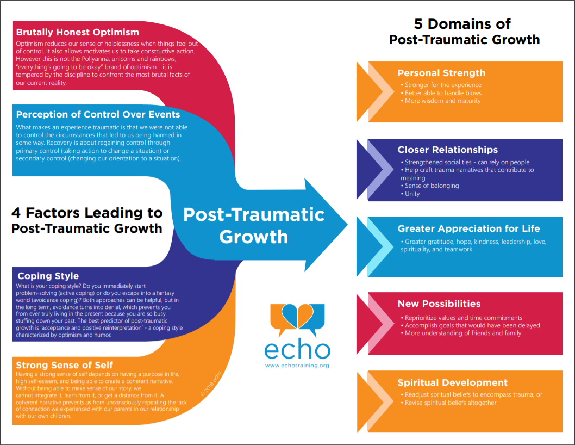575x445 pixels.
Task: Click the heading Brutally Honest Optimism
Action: tap(77, 32)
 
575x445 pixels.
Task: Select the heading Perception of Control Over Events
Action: tap(98, 115)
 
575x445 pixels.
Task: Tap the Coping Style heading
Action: tap(48, 276)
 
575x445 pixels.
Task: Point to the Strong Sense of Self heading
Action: tap(64, 365)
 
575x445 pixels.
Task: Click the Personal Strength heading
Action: tap(441, 73)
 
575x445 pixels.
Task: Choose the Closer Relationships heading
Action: tap(448, 150)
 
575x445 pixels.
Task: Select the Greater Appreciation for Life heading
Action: tap(468, 228)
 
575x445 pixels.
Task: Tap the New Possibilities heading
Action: tap(439, 304)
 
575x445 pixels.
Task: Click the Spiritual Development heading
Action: tap(453, 382)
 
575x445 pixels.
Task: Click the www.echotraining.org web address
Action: tap(297, 366)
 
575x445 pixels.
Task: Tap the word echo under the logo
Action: tap(297, 350)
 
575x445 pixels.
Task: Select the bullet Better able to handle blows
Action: tap(441, 93)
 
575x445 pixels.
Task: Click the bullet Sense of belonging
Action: tap(430, 186)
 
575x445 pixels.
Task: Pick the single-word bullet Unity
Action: tap(410, 194)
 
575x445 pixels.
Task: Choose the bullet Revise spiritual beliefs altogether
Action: tap(448, 403)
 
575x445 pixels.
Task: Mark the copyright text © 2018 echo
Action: tap(211, 384)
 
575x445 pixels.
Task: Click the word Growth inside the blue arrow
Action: tap(253, 237)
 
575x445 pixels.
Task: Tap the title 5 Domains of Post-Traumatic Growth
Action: tap(464, 32)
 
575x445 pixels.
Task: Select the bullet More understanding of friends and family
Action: tap(461, 333)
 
